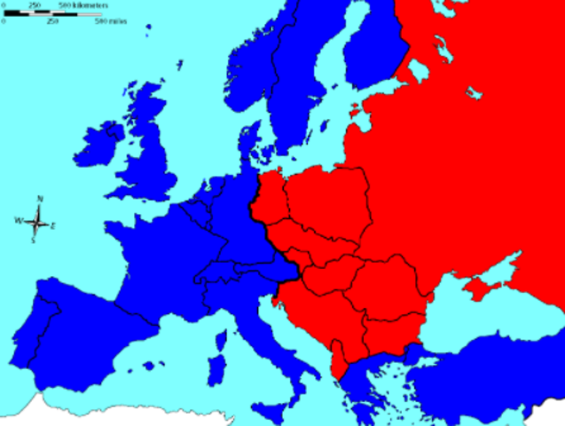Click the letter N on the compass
[x=40, y=200]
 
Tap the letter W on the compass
[x=19, y=219]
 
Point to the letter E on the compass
[x=52, y=226]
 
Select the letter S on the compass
[x=33, y=240]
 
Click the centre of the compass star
[x=36, y=220]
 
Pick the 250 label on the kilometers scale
[x=35, y=5]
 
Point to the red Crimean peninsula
[x=484, y=287]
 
